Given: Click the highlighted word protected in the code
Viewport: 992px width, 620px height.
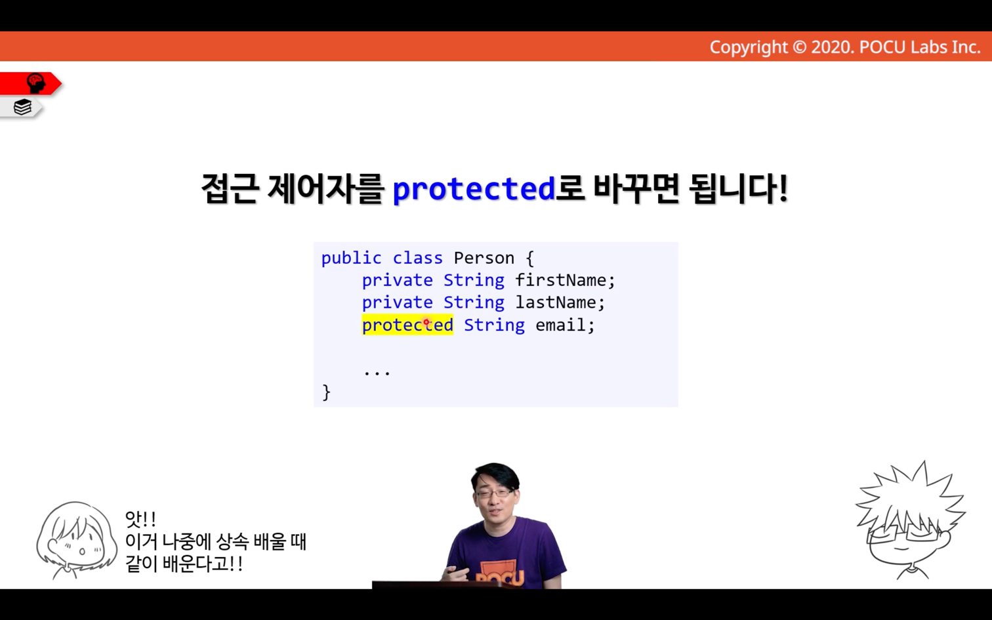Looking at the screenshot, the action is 407,325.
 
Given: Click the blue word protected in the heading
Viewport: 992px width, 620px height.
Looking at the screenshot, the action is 474,189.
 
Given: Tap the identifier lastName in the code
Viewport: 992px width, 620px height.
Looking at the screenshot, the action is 555,302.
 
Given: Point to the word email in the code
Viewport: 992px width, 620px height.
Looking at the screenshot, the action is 560,325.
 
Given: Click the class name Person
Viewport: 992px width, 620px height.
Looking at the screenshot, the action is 484,258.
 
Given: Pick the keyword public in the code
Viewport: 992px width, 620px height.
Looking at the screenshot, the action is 351,258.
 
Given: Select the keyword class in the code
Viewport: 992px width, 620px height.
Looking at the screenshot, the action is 418,258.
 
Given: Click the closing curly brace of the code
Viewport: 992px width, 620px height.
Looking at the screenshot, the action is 326,392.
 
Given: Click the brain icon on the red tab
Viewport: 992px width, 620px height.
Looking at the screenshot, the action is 36,83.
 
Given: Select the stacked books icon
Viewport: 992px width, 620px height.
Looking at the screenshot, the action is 22,107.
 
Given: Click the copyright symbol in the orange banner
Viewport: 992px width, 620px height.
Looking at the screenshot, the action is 799,47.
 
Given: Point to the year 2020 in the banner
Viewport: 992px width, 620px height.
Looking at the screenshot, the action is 832,47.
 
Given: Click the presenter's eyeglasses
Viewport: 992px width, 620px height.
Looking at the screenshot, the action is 496,493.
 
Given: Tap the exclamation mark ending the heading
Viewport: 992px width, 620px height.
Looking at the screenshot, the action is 783,188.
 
